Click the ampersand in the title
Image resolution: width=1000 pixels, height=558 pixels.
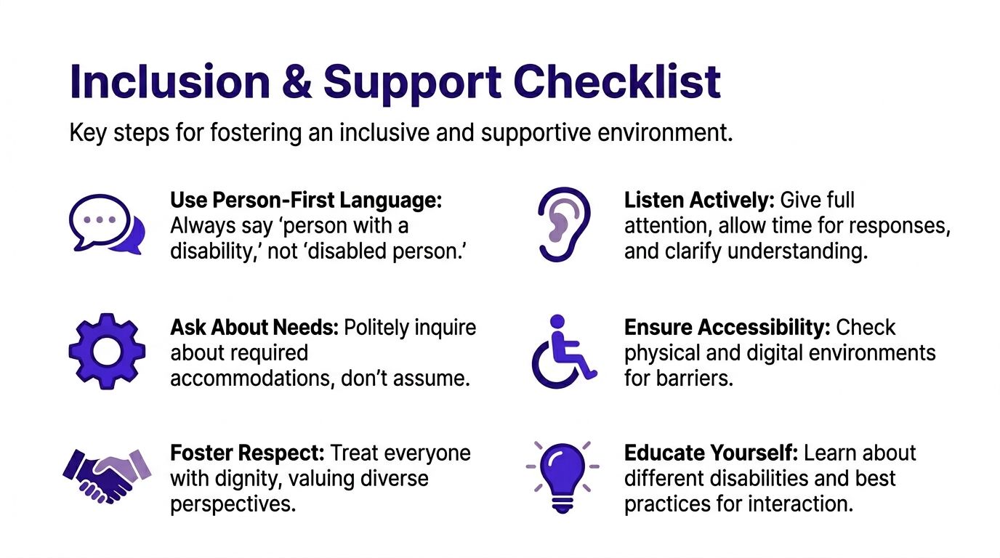297,81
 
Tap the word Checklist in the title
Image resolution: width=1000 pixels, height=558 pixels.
617,81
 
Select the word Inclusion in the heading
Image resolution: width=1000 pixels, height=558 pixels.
170,81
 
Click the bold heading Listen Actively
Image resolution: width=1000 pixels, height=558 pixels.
699,201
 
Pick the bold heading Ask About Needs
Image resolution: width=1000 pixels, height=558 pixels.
254,328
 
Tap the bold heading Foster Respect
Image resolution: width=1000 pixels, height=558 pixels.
247,453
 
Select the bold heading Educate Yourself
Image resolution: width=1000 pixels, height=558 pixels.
711,453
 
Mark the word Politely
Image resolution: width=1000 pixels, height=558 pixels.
376,328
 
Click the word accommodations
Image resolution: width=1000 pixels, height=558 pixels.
253,379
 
